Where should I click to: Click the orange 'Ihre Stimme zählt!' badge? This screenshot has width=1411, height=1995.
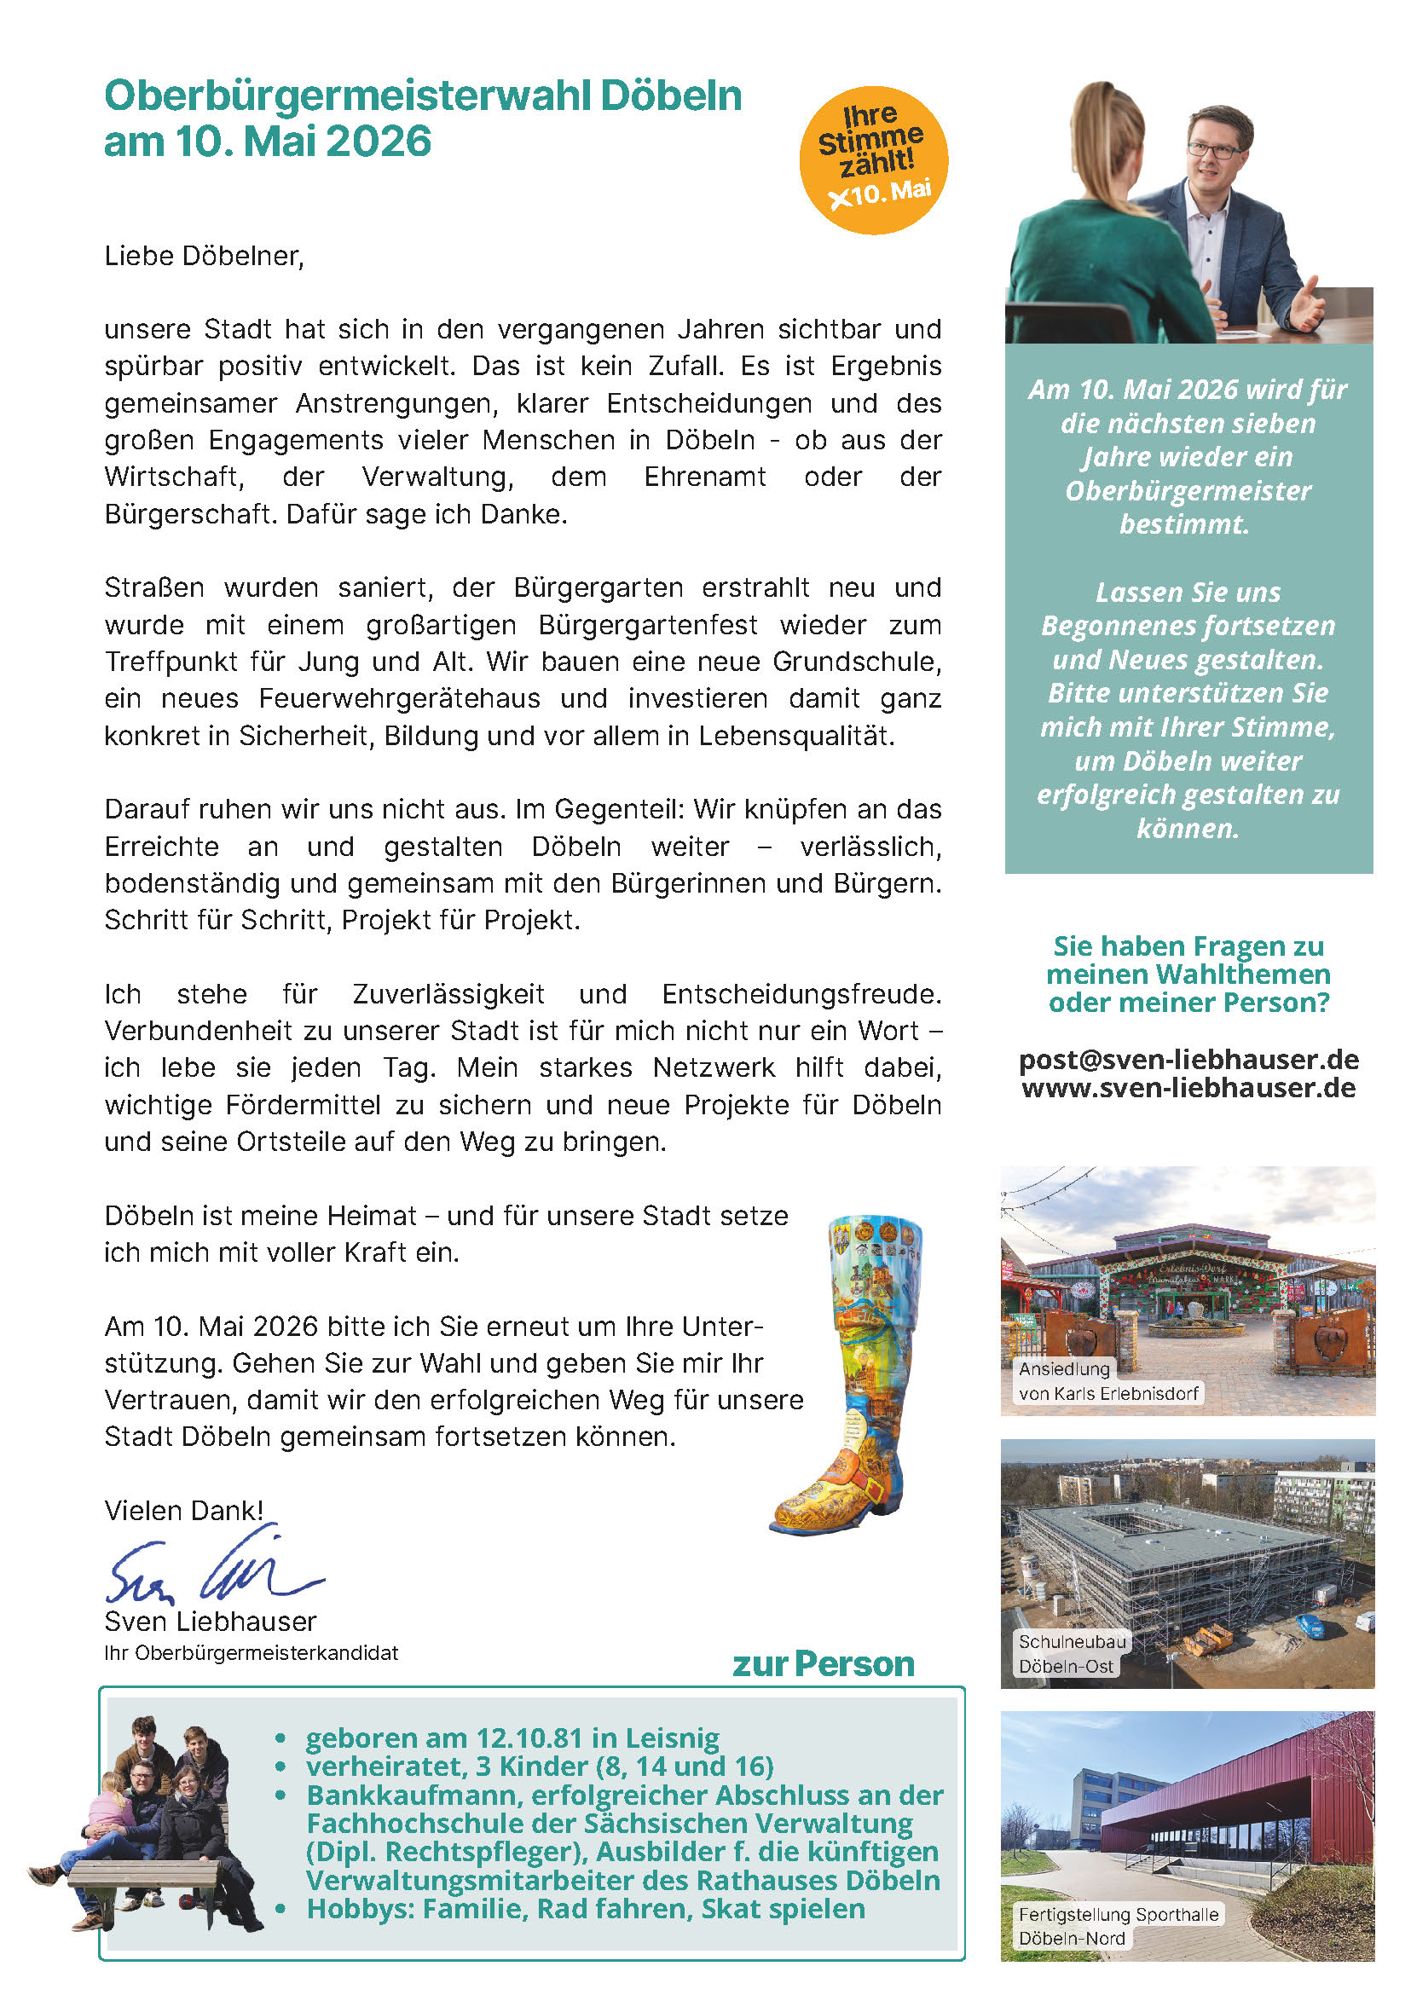click(x=873, y=160)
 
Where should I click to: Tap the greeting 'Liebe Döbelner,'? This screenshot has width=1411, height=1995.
click(x=204, y=257)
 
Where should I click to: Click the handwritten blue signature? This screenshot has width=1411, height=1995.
click(x=213, y=1570)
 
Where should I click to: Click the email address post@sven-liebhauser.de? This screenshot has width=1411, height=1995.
click(x=1188, y=1059)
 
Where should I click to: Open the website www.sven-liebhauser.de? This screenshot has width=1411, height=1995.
click(x=1188, y=1088)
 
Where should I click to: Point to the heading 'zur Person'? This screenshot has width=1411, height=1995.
click(x=823, y=1663)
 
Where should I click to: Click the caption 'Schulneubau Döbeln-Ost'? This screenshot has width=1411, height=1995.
click(x=1072, y=1653)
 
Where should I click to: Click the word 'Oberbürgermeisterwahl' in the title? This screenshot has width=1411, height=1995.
click(x=348, y=95)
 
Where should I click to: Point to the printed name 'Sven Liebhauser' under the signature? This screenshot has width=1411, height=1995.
click(x=211, y=1622)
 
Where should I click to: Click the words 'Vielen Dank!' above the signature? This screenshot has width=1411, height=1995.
click(x=183, y=1510)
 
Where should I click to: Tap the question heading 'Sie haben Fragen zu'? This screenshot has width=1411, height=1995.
click(x=1188, y=945)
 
